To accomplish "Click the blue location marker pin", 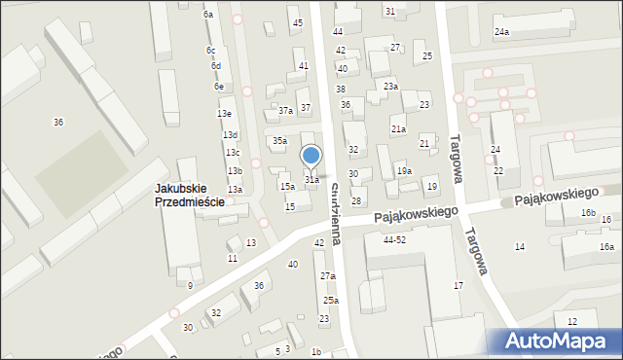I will pos(311,156).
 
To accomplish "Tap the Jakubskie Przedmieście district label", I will pos(190,196).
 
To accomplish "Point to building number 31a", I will pos(311,180).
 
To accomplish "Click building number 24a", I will pos(501,33).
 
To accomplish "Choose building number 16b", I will pos(587,213).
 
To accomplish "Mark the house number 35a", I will pos(279,141).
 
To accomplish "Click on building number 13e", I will pos(224,114).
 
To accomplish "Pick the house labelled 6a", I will pos(208,15).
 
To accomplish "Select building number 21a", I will pos(398,128).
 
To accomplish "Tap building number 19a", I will pos(404,171).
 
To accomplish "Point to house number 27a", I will pos(328,276).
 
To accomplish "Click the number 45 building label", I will pos(297,22).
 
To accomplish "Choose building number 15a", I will pos(287,186).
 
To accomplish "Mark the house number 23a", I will pos(390,87).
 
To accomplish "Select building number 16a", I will pos(606,247).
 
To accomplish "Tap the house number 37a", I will pos(285,111).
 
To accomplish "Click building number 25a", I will pos(331,300).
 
